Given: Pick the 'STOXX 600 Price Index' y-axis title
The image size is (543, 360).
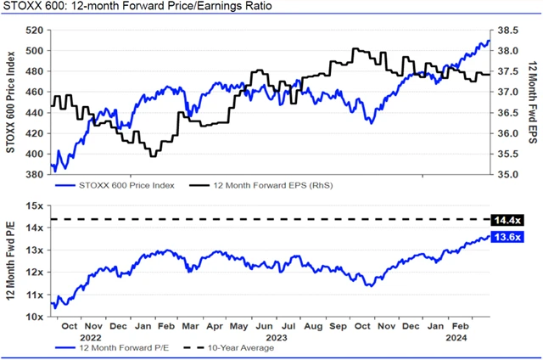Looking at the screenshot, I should tap(10, 103).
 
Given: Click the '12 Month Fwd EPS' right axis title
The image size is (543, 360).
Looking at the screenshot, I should tap(532, 103).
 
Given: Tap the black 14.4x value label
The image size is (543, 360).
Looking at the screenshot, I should tap(507, 220).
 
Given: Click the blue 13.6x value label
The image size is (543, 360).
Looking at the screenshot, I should tap(507, 237).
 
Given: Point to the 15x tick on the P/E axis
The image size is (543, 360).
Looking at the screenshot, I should tap(35, 206).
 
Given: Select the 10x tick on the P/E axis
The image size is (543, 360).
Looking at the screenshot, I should tap(35, 316).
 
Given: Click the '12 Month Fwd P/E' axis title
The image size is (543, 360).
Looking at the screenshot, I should tap(10, 261).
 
